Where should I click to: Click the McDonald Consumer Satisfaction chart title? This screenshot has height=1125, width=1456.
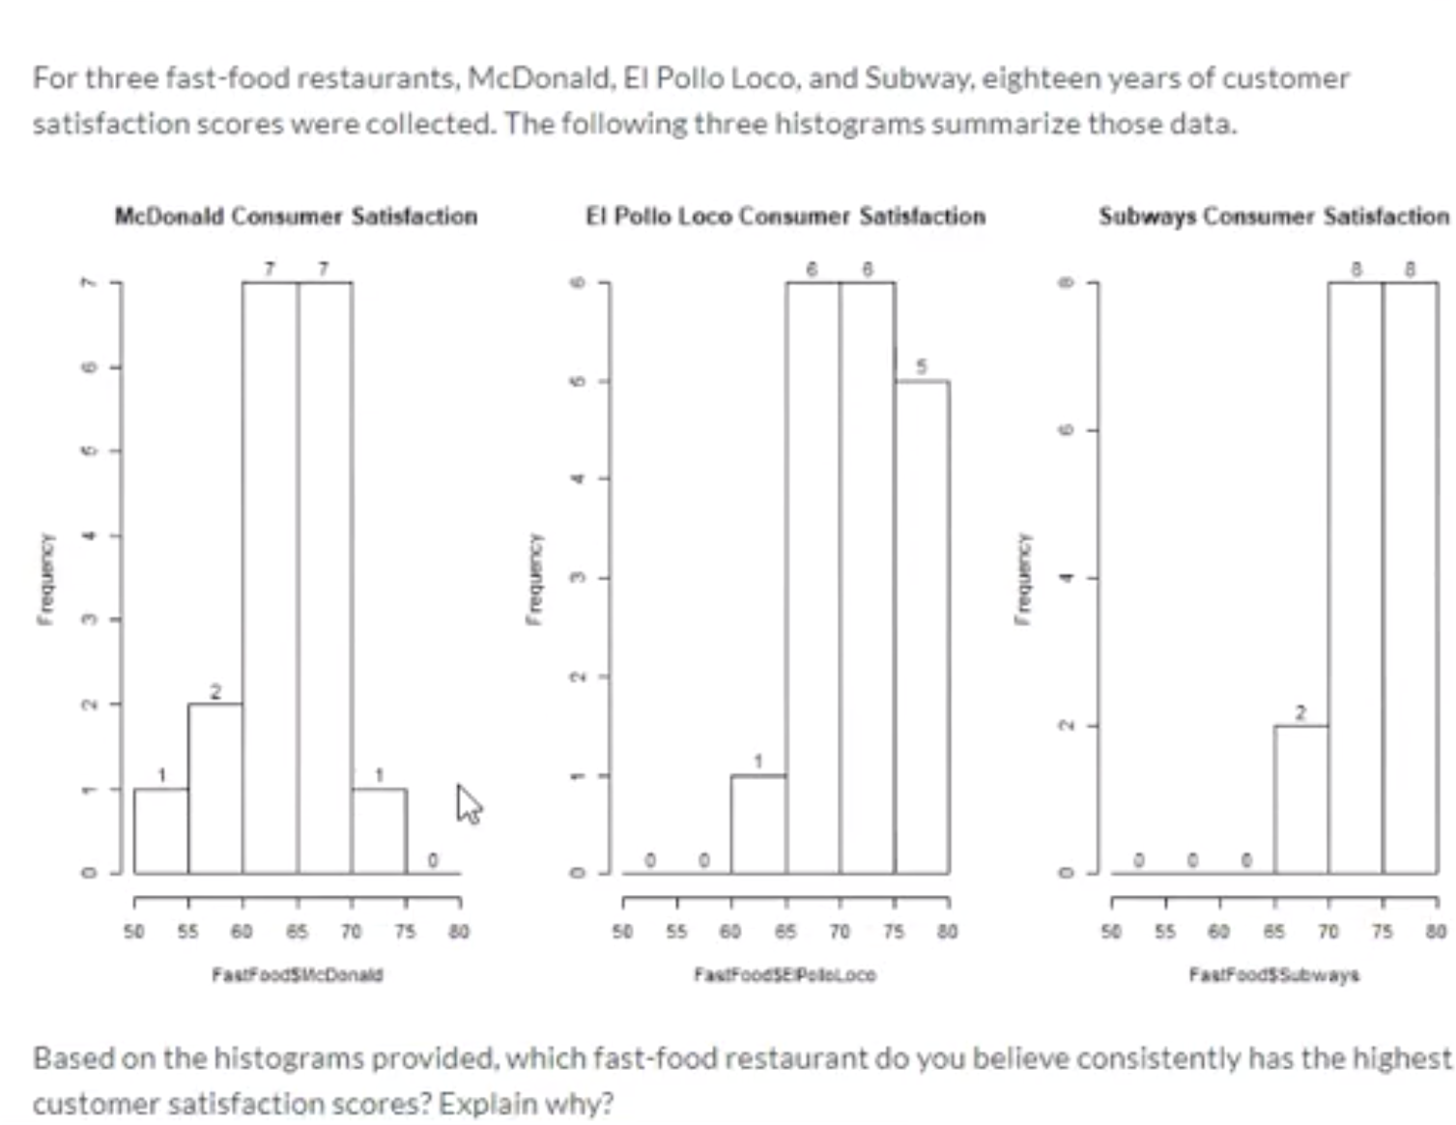[296, 216]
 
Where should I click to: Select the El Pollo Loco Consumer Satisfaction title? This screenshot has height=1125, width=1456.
[785, 216]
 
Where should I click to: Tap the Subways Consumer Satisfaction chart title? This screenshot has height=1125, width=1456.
[1273, 216]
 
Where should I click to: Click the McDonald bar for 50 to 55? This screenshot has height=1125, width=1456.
[161, 831]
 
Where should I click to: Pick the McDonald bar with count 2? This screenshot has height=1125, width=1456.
[215, 788]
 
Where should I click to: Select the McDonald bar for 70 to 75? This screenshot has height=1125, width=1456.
[379, 831]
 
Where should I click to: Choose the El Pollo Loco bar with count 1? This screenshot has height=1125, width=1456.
[758, 823]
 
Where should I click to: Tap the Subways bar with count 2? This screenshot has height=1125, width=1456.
[1300, 798]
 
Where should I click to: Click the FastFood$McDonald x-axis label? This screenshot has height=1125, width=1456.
[298, 974]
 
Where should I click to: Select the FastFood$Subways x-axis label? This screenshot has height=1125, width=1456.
[1273, 974]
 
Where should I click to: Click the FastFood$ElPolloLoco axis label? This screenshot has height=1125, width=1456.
[785, 974]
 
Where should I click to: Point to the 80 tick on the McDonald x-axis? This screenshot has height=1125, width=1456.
[459, 932]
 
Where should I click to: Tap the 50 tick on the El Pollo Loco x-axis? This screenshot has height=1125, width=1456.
[623, 932]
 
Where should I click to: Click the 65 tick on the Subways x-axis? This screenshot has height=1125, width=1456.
[1274, 932]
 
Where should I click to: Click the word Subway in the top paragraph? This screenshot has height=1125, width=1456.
[918, 77]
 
